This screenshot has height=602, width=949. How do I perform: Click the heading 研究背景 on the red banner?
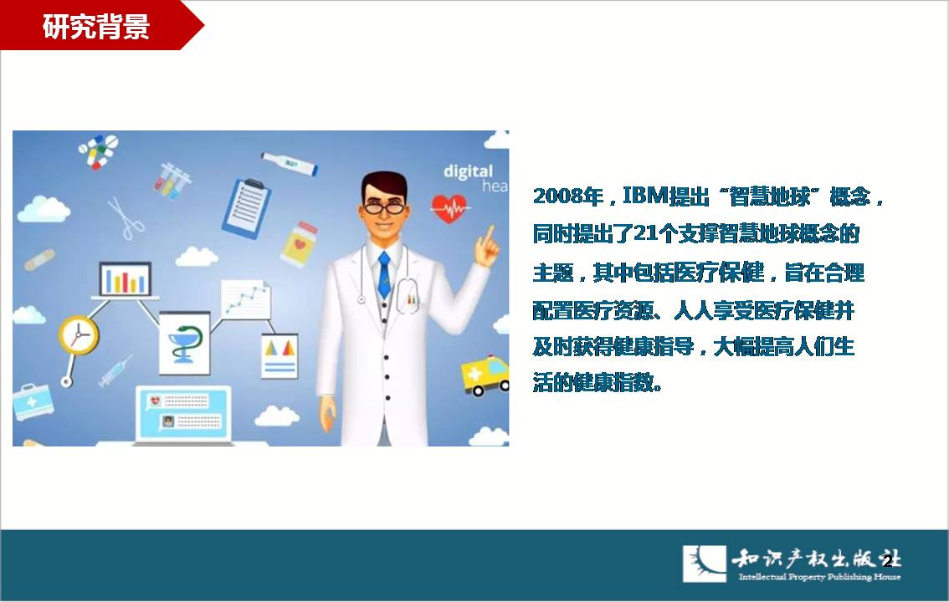[95, 27]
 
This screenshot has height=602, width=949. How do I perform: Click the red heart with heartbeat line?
[449, 208]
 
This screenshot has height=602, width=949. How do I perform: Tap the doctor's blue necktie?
[384, 275]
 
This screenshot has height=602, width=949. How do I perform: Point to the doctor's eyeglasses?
[384, 208]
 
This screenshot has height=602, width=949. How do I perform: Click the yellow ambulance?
[485, 376]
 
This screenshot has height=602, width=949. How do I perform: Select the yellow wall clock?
[79, 334]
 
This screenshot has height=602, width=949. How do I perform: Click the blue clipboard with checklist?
[246, 207]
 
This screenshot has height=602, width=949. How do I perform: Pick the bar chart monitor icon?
[126, 280]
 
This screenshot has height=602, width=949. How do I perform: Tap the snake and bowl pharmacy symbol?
[184, 344]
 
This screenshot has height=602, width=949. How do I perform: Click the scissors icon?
[126, 217]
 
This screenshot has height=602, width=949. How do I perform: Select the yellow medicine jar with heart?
[299, 244]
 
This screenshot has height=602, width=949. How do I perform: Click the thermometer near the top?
[290, 163]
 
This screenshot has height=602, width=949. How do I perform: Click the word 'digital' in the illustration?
[469, 171]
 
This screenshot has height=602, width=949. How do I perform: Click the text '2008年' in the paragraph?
[568, 196]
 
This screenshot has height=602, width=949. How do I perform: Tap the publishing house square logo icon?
[705, 564]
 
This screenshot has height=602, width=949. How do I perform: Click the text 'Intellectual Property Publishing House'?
[819, 577]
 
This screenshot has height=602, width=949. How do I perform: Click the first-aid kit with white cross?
[33, 402]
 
